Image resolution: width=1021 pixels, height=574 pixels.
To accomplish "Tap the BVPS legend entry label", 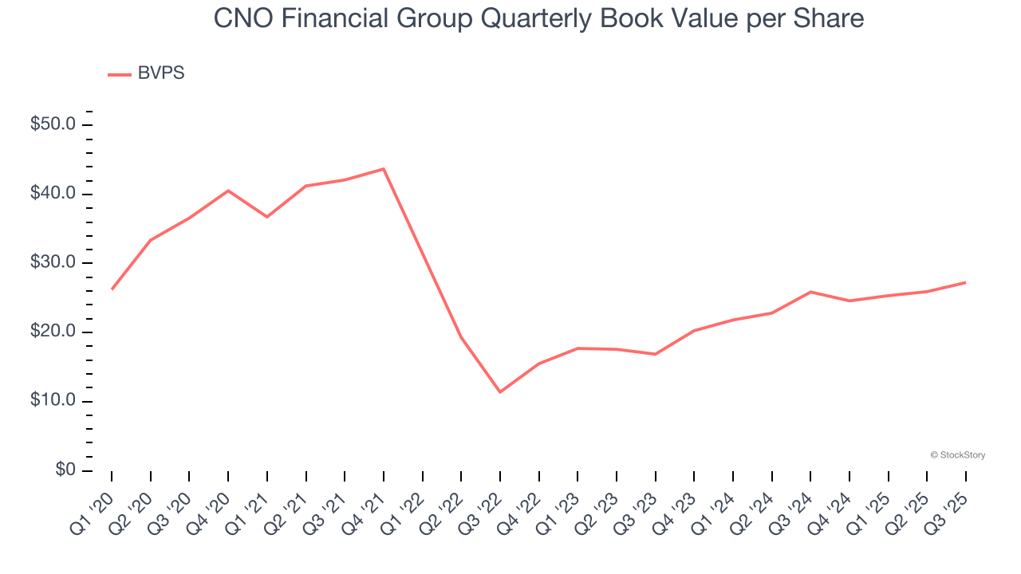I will click(x=160, y=73).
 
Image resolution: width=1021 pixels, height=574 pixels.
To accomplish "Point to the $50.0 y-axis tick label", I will click(x=53, y=125).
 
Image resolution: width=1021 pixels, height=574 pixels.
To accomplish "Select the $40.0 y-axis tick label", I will click(x=53, y=195).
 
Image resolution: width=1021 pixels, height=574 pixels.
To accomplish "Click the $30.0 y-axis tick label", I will click(x=53, y=263).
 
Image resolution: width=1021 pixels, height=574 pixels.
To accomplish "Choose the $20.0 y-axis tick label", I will click(x=53, y=332).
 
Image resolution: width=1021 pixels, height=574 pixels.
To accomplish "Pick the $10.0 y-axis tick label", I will click(x=53, y=401).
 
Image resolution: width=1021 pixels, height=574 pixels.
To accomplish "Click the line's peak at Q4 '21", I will click(x=384, y=169).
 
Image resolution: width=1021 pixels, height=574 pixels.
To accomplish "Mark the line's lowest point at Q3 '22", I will click(x=500, y=392).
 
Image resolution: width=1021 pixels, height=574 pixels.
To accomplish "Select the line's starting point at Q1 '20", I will click(x=112, y=289).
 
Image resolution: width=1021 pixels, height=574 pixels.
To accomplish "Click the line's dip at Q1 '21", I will click(x=267, y=217).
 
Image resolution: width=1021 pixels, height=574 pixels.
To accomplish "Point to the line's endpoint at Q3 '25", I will click(x=966, y=282).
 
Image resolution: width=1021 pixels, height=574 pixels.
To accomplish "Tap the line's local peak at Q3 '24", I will click(x=810, y=292).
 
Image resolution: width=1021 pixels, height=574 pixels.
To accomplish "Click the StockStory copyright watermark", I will click(x=957, y=455).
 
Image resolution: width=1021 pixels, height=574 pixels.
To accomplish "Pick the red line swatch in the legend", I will click(x=120, y=74).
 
